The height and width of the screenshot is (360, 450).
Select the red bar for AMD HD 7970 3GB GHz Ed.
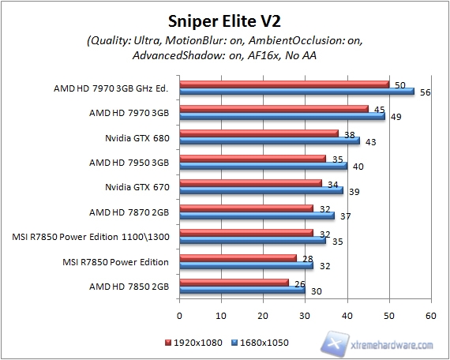pyautogui.click(x=284, y=84)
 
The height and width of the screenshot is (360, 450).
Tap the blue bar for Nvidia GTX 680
pyautogui.click(x=269, y=141)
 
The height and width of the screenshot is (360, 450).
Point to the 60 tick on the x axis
pyautogui.click(x=430, y=315)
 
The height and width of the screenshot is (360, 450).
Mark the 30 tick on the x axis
pyautogui.click(x=305, y=315)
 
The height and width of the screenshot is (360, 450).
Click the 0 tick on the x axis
pyautogui.click(x=180, y=315)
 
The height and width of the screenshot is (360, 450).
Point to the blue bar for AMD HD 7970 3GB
pyautogui.click(x=283, y=116)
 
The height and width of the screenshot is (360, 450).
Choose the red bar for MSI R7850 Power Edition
pyautogui.click(x=238, y=258)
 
